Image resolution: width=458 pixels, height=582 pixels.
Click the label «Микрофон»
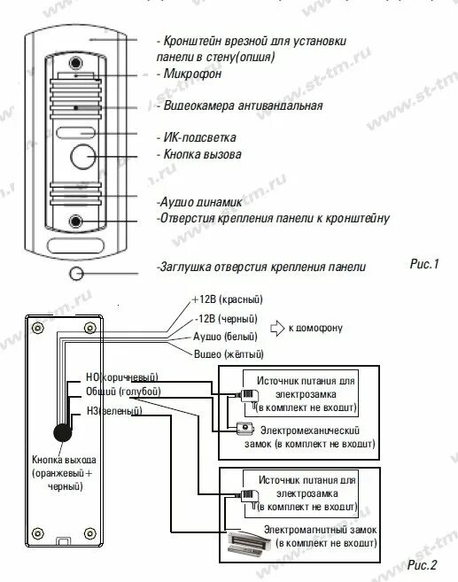pos(193,75)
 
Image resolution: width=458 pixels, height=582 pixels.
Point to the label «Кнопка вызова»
pos(203,154)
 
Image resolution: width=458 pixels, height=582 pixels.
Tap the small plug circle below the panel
pos(76,272)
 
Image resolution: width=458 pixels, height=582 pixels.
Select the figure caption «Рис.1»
pos(423,263)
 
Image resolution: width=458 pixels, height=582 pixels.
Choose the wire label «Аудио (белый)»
pos(226,337)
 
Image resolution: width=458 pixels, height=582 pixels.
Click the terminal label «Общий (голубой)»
pos(122,391)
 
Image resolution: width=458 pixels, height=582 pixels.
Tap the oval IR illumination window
pos(75,134)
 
